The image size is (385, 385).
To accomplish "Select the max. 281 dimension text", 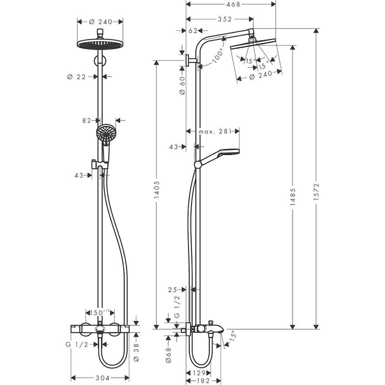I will tap(214, 132).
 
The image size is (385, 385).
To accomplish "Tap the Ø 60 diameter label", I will tap(182, 85).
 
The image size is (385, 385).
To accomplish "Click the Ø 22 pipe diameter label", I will tap(77, 77).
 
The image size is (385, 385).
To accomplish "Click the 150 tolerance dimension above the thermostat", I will tap(98, 312).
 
